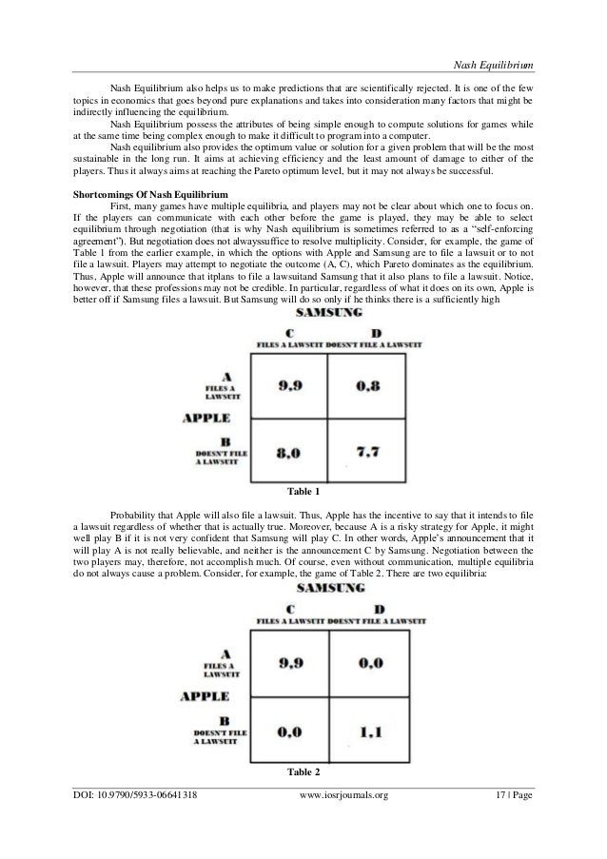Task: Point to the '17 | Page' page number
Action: coord(509,822)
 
